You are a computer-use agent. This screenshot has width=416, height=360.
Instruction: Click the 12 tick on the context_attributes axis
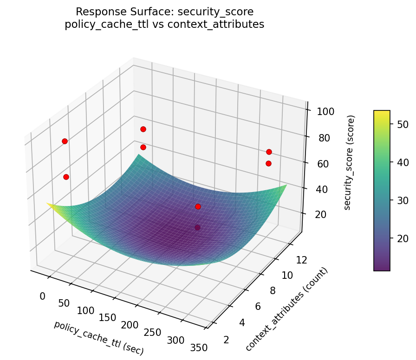click(x=301, y=260)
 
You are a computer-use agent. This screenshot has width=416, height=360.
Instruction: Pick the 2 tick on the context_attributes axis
click(x=226, y=340)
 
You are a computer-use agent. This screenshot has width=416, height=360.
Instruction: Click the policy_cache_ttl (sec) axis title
click(x=99, y=338)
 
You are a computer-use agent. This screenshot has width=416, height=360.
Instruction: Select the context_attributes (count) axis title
click(x=286, y=309)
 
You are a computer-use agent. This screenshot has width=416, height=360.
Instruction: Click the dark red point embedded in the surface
click(x=198, y=227)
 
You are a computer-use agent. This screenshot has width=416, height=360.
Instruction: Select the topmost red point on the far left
click(x=65, y=141)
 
